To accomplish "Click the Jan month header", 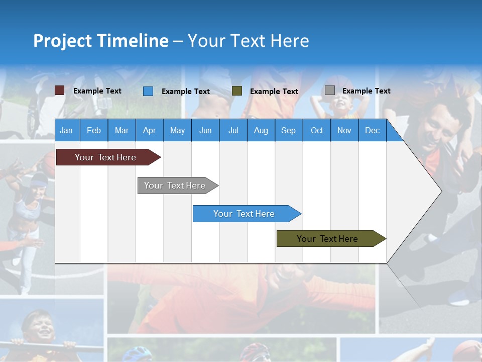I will tap(66, 130).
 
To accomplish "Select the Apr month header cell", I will tap(150, 130).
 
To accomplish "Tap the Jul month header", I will tap(233, 130).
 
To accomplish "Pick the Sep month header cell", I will tap(288, 130).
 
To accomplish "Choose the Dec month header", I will tap(372, 130).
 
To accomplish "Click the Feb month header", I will tap(94, 130).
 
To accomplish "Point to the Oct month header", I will tap(317, 130).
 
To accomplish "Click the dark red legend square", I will tap(59, 90).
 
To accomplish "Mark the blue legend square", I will tap(148, 91).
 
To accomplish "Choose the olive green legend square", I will tap(237, 91).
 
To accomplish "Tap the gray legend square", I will tap(330, 90).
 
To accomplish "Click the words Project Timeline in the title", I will tap(101, 41).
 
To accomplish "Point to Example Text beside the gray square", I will tap(366, 91).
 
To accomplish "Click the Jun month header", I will tap(205, 130).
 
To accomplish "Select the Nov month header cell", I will tap(344, 130).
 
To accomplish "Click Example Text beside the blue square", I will tap(186, 92).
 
